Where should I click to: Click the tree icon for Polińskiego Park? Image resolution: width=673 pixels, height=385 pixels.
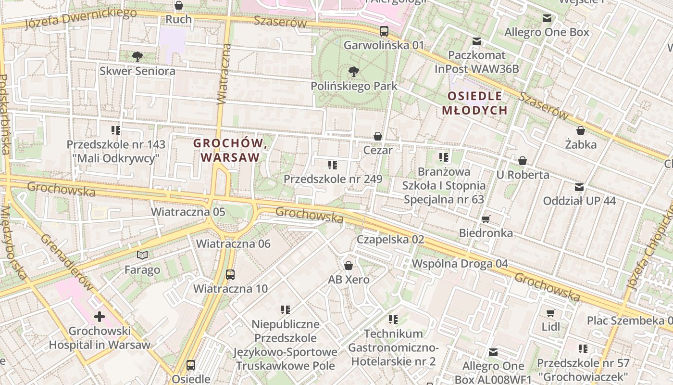(x=354, y=72)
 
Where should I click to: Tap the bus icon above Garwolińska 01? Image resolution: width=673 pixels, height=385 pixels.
(x=384, y=31)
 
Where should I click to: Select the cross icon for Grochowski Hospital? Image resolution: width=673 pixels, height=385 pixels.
(x=100, y=317)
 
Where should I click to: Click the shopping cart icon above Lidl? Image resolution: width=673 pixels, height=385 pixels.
(x=550, y=313)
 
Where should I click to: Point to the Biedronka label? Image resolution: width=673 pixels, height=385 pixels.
(x=486, y=233)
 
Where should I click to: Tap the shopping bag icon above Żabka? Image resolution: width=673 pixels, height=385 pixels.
(x=580, y=130)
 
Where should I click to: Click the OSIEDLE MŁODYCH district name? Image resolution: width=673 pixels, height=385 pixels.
(x=474, y=103)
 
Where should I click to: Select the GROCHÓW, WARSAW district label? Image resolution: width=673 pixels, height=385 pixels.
(x=230, y=150)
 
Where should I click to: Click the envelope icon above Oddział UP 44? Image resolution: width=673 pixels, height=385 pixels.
(x=579, y=187)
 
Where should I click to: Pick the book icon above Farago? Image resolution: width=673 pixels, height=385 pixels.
(x=142, y=255)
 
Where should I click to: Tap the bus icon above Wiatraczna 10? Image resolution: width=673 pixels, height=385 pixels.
(x=230, y=275)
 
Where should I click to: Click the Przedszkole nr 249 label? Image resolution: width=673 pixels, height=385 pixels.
(x=333, y=179)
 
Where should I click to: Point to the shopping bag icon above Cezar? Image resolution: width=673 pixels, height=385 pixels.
(x=378, y=136)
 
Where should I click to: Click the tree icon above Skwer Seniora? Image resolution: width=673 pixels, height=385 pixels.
(x=137, y=57)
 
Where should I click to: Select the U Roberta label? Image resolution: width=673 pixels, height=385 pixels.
(x=523, y=175)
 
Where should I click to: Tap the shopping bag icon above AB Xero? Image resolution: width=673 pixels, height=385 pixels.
(x=349, y=266)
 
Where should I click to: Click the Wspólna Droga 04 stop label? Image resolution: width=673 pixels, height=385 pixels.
(x=460, y=264)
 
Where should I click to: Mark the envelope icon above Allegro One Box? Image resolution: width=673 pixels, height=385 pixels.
(x=547, y=18)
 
